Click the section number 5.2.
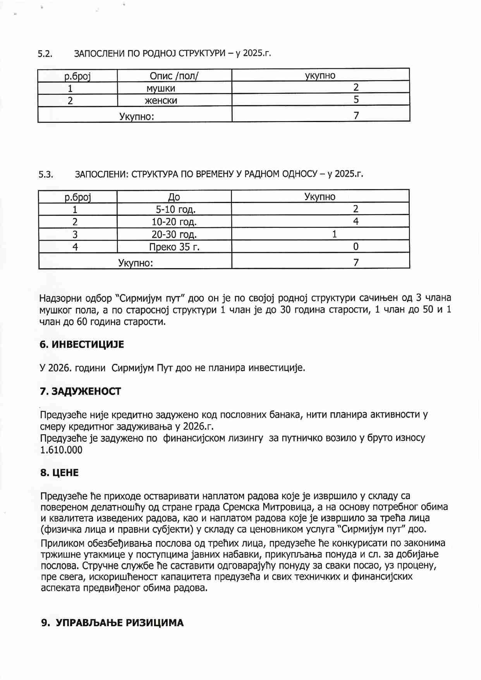tap(45, 54)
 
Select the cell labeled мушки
tap(160, 88)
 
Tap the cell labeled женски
tap(160, 101)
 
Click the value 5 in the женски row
tap(356, 100)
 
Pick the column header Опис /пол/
tap(174, 76)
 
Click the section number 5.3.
tap(46, 174)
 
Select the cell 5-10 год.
tap(175, 210)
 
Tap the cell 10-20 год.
tap(174, 222)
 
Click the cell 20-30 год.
tap(174, 234)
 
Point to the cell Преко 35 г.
tap(174, 247)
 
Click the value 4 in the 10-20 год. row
tap(356, 221)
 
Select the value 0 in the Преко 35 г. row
tap(356, 246)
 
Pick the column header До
tap(174, 197)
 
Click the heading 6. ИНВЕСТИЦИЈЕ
tap(82, 344)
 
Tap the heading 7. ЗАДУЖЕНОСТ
tap(81, 391)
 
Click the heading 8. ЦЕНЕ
tap(59, 473)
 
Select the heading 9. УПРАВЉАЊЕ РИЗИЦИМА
tap(112, 623)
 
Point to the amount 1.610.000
tap(61, 450)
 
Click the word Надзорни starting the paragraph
tap(60, 298)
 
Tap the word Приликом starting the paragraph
tap(60, 543)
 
